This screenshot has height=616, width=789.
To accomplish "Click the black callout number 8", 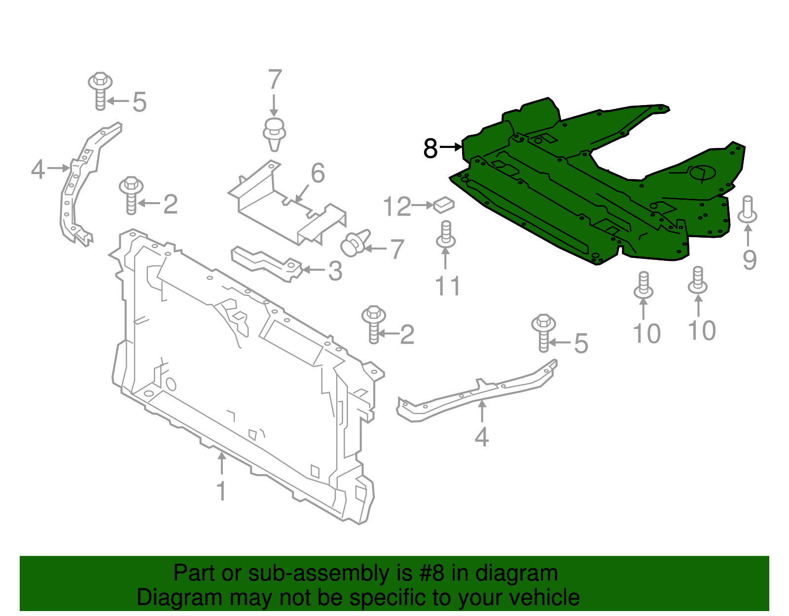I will click(430, 148).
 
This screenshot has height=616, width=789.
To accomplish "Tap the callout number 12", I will click(397, 207).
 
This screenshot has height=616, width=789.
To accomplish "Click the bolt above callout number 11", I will click(446, 235).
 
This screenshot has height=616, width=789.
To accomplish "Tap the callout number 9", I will click(750, 259).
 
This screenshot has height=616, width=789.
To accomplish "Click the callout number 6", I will click(318, 173).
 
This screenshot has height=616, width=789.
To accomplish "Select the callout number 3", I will click(335, 271).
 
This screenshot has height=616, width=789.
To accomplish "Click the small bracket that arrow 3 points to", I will click(266, 263).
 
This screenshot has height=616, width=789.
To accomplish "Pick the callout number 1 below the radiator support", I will click(222, 491).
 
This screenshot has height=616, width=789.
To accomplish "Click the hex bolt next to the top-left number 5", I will click(100, 91).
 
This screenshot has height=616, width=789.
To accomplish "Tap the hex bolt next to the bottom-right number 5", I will click(543, 333).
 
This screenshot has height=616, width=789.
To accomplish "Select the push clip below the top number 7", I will click(274, 133).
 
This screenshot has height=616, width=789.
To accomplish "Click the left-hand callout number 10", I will click(646, 334).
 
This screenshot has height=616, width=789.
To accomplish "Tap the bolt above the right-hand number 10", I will click(698, 280).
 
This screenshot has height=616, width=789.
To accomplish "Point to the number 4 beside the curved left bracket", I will click(38, 170).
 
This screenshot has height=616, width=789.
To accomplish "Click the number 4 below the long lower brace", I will click(481, 437).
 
